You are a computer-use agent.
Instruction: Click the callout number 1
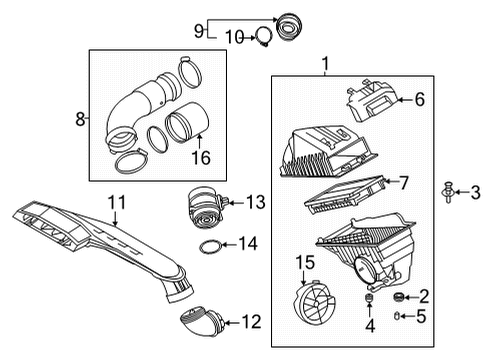pyautogui.click(x=323, y=65)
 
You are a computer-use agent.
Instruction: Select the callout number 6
pyautogui.click(x=420, y=98)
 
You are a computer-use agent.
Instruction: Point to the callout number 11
pyautogui.click(x=116, y=204)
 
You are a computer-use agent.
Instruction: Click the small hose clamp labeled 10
pyautogui.click(x=261, y=38)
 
